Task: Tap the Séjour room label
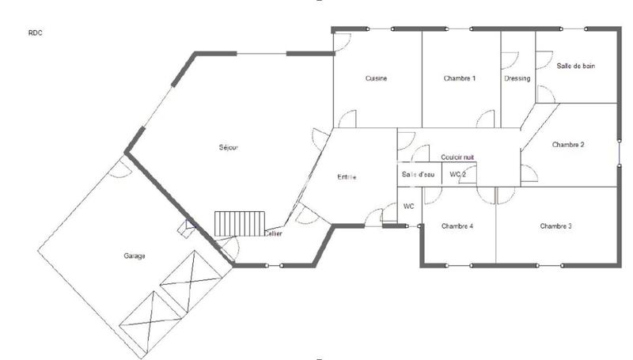[x=229, y=147]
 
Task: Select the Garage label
[x=134, y=256]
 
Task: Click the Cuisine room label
[x=376, y=78]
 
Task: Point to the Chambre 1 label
[x=459, y=78]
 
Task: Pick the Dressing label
[x=517, y=78]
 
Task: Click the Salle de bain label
[x=575, y=66]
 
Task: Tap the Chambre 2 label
[x=568, y=145]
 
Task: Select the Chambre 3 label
[x=556, y=226]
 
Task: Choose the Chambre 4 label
[x=457, y=226]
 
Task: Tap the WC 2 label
[x=458, y=174]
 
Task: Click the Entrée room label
[x=347, y=177]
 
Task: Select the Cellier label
[x=274, y=233]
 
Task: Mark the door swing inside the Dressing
[x=510, y=63]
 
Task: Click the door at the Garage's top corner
[x=119, y=168]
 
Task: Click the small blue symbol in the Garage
[x=188, y=229]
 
